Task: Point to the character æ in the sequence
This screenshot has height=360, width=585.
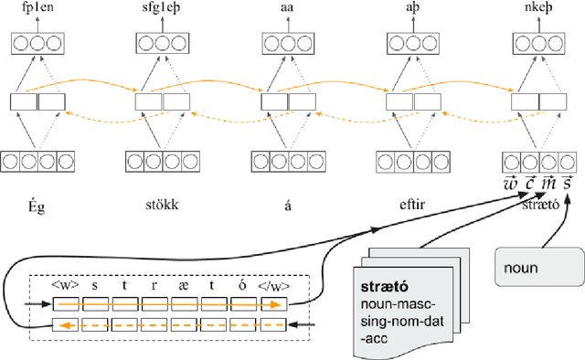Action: [184, 285]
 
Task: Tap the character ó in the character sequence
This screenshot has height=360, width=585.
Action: [242, 285]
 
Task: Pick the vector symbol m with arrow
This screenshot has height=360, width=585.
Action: [547, 183]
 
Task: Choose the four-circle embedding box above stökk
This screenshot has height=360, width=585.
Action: [162, 162]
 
